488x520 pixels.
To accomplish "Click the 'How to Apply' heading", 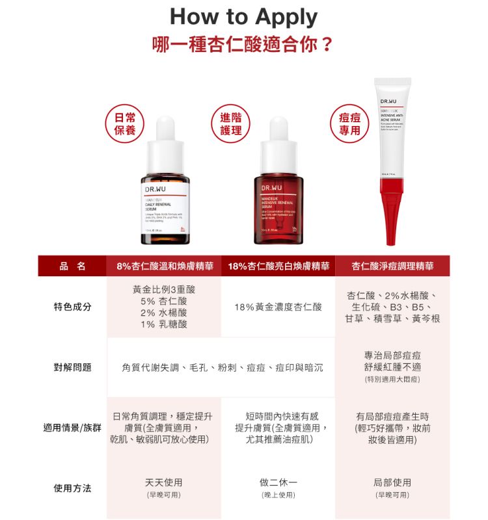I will (244, 17).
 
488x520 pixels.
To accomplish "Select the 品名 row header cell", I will (72, 266).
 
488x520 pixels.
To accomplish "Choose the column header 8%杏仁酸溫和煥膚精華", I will (165, 266).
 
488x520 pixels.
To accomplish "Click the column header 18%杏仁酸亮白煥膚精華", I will (278, 266).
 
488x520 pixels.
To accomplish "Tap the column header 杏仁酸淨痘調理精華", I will (392, 266).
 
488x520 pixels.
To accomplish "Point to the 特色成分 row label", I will (72, 307).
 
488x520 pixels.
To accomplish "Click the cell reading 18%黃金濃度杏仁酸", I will (278, 307).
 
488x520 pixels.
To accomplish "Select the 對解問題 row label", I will (72, 368).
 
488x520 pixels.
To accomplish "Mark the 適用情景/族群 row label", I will (72, 428).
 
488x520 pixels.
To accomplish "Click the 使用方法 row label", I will (72, 488).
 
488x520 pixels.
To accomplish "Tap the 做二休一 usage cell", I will (278, 483).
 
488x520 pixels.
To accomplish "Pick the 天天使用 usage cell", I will (163, 483).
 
